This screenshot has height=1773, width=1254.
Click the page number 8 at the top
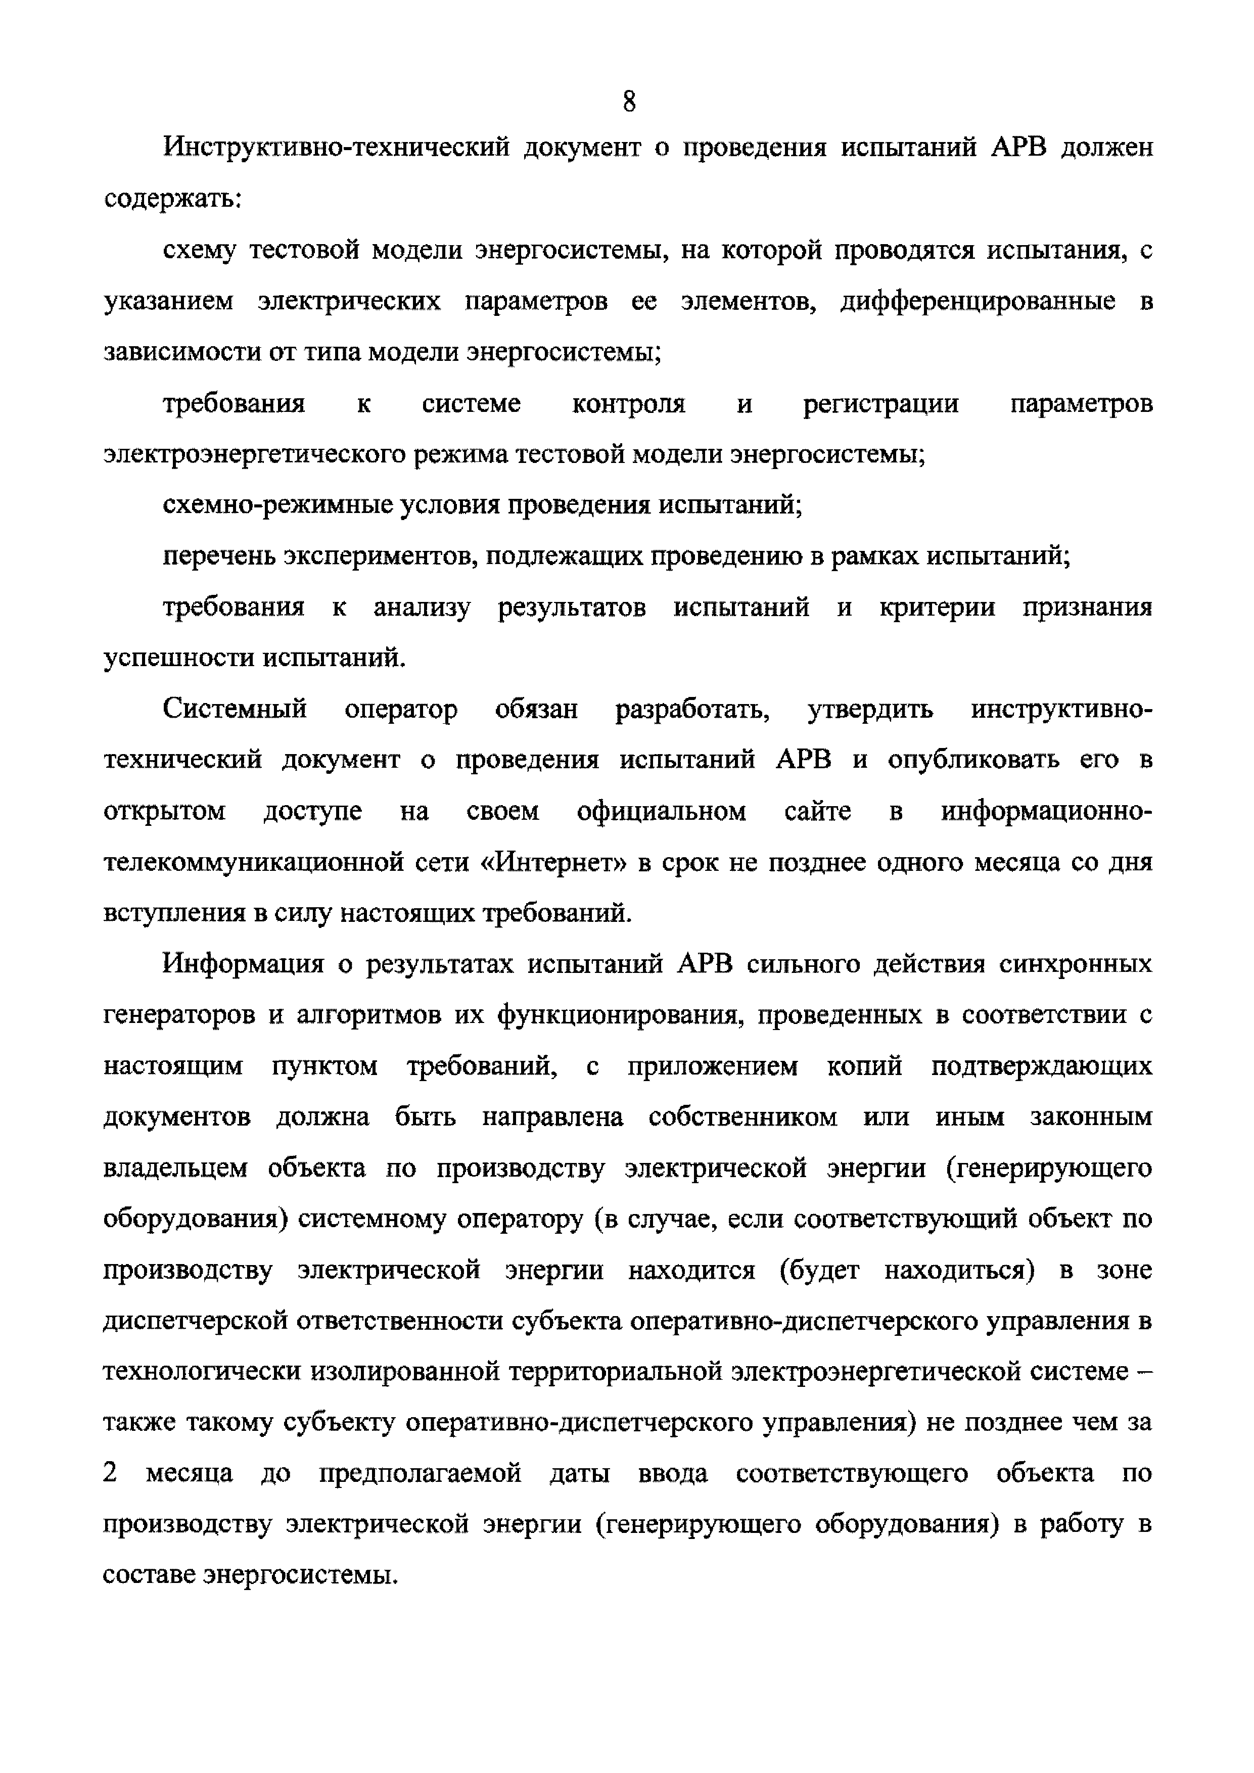click(629, 101)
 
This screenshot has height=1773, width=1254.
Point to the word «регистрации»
click(881, 404)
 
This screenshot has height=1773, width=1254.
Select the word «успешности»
click(177, 658)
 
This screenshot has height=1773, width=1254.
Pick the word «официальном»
click(662, 812)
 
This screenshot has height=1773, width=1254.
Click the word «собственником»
click(743, 1117)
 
